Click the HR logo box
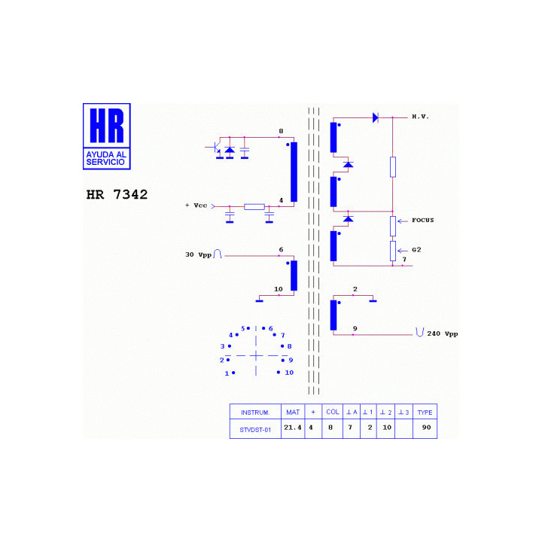pos(106,136)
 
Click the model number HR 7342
pos(117,195)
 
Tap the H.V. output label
pos(420,117)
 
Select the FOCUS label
pos(422,220)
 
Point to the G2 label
pos(416,250)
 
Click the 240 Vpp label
pos(442,334)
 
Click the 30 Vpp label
pos(198,254)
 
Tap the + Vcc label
pos(196,206)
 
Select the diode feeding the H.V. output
pos(376,118)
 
